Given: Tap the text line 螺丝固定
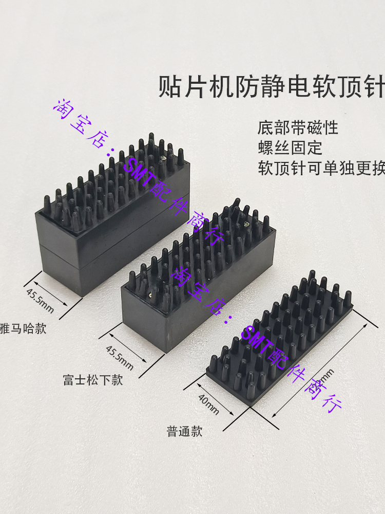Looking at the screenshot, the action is (290, 148).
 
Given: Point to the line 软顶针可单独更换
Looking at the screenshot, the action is (321, 169).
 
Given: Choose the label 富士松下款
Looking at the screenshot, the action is (93, 380).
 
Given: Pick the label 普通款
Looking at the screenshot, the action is (184, 431).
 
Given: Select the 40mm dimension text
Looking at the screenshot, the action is (208, 403).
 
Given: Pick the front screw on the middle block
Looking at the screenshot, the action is (150, 295).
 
